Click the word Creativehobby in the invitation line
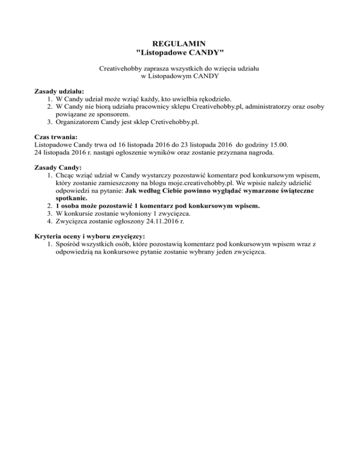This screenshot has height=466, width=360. pyautogui.click(x=121, y=68)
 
